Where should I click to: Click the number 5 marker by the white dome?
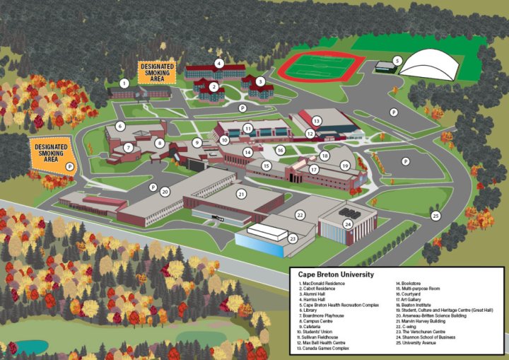pos(397,62)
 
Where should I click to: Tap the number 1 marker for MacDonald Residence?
pos(124,83)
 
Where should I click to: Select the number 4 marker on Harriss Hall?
pos(219,63)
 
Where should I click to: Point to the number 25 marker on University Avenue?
pos(435,216)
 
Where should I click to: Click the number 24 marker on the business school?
pos(348,224)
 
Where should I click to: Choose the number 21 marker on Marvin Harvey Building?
pos(241,194)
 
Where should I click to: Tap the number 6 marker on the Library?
pos(120,127)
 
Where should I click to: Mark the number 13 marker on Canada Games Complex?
pos(317,121)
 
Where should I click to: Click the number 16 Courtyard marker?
pos(281,150)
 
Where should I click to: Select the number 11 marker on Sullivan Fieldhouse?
pos(247,128)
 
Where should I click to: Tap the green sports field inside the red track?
pos(316,68)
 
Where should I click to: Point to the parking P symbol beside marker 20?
pos(153,187)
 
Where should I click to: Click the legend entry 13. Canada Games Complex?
pos(326,349)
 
